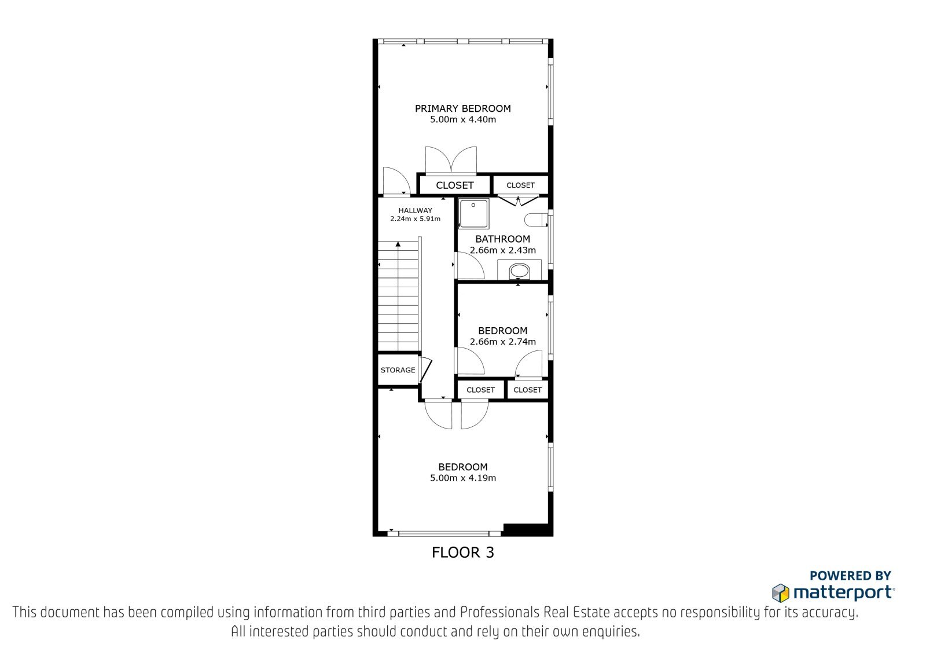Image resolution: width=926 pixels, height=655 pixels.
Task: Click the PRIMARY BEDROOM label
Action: tap(462, 108)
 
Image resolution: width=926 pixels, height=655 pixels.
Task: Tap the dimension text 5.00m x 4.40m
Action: tap(462, 119)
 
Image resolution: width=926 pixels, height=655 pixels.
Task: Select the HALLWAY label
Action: tap(415, 210)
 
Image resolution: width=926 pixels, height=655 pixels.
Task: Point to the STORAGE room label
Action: tap(398, 370)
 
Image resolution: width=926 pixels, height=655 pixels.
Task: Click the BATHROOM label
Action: tap(503, 239)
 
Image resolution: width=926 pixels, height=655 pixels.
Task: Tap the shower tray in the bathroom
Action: tap(473, 213)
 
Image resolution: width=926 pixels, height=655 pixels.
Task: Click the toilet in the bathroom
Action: tap(536, 219)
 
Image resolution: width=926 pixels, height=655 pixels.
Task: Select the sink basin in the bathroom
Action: tap(519, 272)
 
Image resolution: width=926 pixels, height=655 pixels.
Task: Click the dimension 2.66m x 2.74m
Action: tap(503, 342)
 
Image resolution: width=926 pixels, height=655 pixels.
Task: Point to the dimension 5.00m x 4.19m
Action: tap(462, 478)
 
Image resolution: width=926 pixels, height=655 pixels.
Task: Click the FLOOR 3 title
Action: tap(462, 552)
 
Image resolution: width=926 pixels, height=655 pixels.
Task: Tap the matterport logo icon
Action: tap(781, 593)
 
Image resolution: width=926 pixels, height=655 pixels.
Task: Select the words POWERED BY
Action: tap(850, 576)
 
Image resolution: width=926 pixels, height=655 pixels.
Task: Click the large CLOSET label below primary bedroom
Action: tap(455, 185)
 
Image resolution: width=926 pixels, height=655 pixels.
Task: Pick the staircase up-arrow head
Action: tap(398, 244)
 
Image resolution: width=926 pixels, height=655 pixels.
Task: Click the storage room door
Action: tap(425, 370)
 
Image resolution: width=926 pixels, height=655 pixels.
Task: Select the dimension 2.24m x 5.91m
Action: tap(415, 219)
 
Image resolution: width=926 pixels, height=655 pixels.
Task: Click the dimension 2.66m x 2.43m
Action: tap(503, 250)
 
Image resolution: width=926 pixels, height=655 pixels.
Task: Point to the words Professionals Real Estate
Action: tap(536, 612)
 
